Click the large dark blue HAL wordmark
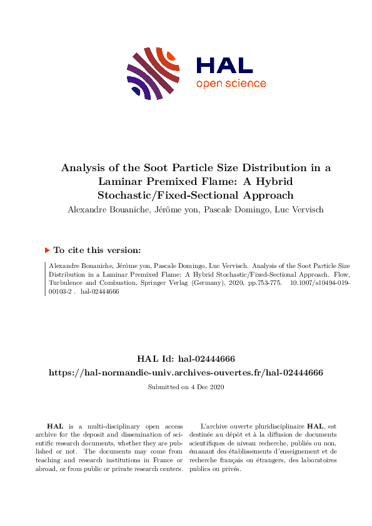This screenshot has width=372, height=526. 224,65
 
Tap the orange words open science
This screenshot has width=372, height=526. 231,84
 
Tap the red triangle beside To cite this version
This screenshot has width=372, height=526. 47,250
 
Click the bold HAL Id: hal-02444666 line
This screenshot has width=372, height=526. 186,359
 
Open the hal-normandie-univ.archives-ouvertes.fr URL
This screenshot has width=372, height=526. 186,372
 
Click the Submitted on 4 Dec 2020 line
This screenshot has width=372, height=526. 186,387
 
